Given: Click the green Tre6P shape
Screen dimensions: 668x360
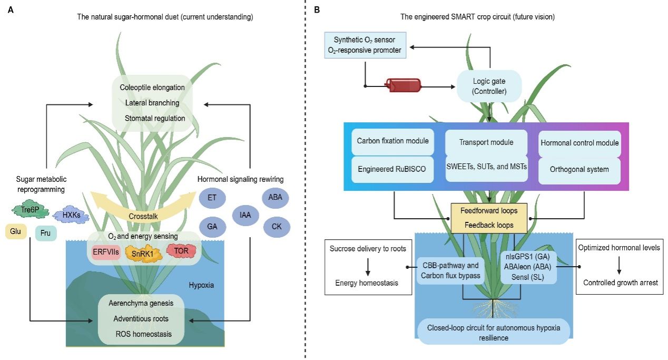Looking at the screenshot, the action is [30, 209].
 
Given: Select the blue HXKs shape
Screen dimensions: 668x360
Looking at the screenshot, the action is [71, 215].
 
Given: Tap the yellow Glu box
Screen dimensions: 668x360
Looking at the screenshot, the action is [16, 231].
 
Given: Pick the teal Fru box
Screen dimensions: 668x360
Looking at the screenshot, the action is [46, 233].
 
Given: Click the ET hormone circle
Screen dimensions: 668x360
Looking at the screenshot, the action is [212, 198].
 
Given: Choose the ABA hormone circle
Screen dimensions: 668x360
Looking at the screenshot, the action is [275, 198].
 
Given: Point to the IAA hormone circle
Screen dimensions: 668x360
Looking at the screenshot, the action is [245, 215].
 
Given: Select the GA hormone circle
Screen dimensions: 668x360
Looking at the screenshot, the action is [212, 227].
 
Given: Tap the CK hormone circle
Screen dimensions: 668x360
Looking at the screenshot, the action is [277, 227].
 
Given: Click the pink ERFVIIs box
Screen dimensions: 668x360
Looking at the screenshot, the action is [106, 252].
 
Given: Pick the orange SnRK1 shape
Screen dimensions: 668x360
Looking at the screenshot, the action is [143, 254].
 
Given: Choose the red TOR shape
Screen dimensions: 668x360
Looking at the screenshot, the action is [181, 251].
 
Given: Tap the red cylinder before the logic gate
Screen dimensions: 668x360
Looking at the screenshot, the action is [403, 85].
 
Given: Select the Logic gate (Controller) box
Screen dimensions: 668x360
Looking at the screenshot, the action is [489, 86].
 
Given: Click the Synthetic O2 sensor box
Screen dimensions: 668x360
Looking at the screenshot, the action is [365, 45].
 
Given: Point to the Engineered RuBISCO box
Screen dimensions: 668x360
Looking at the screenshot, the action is [392, 169].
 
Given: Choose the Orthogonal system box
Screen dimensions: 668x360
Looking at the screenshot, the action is [579, 169].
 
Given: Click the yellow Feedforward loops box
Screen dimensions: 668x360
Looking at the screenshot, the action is [489, 218].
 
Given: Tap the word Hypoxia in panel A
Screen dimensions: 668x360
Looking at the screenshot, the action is [201, 285].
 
